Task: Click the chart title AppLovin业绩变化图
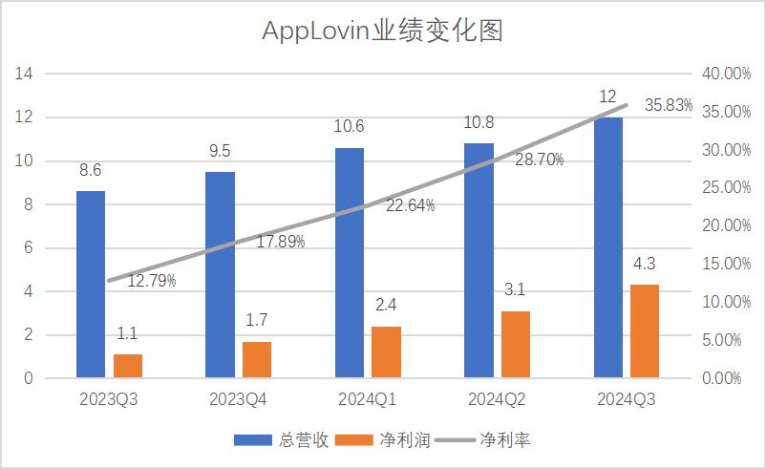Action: (x=382, y=32)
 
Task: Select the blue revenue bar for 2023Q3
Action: (x=91, y=285)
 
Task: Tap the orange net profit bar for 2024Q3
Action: (x=645, y=331)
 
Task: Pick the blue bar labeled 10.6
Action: (x=349, y=263)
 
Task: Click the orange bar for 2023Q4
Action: (x=257, y=359)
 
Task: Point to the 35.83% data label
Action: (x=669, y=106)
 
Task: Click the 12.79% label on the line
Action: (x=151, y=281)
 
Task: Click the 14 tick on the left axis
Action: (x=26, y=74)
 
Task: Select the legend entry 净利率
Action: (x=505, y=440)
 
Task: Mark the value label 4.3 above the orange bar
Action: (x=645, y=265)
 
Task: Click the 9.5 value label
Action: (x=220, y=151)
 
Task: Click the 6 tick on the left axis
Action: (x=29, y=247)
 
